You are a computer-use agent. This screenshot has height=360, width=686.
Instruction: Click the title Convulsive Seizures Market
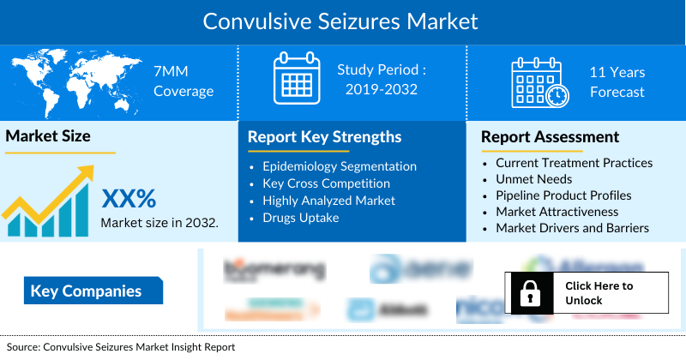pos(341,21)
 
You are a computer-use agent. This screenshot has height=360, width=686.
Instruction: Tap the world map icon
pos(72,81)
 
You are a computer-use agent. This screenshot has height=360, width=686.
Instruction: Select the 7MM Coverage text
pos(183,81)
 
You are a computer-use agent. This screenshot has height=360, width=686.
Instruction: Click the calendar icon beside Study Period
pos(296,79)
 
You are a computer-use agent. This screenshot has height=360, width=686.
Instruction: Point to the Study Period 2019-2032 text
pos(382,79)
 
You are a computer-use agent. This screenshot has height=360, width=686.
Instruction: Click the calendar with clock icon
pos(538,81)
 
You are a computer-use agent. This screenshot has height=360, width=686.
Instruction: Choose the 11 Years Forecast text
pos(617,82)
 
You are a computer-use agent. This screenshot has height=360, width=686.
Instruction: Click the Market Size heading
pos(48,135)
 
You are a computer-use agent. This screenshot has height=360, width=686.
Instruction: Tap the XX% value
pos(129,199)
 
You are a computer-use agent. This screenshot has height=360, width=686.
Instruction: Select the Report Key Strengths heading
pos(324,137)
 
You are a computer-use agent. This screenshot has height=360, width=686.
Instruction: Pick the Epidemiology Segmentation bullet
pos(339,166)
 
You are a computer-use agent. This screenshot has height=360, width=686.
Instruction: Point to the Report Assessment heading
pos(550,137)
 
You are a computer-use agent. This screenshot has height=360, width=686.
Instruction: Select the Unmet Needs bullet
pos(533,179)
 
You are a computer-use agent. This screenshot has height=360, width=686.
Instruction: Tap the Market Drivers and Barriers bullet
pos(572,228)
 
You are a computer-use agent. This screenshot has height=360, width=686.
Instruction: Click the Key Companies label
pos(86,291)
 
